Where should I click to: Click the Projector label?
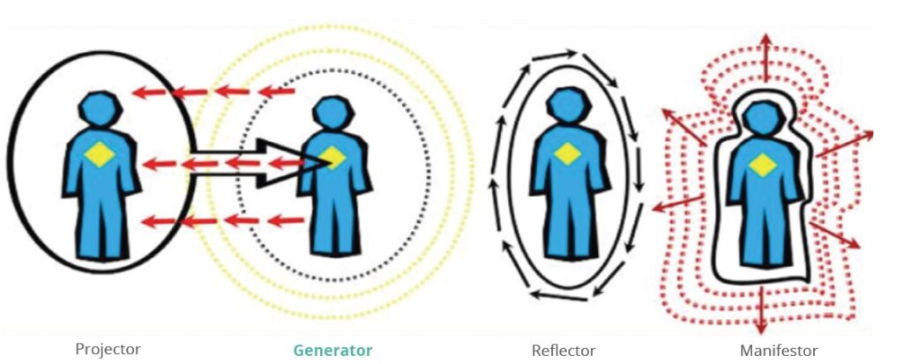[x=107, y=350]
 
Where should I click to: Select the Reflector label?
[x=563, y=350]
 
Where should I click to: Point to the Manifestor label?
[x=780, y=350]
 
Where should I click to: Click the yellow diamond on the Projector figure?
[x=99, y=155]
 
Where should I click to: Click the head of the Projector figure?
[x=99, y=108]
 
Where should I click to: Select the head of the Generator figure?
[x=332, y=111]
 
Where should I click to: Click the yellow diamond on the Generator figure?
[x=332, y=158]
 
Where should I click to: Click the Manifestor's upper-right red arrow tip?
[x=871, y=134]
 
